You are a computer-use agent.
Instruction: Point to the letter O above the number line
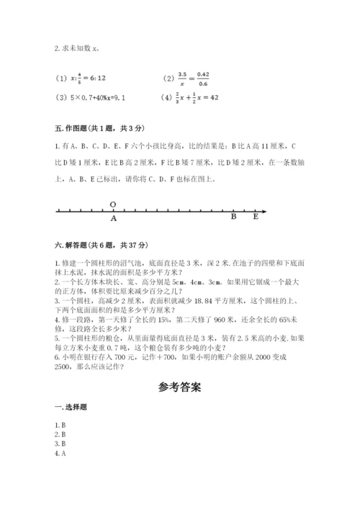tap(113, 204)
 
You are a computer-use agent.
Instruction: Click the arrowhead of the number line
tap(264, 210)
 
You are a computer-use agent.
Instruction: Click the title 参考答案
tap(180, 387)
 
